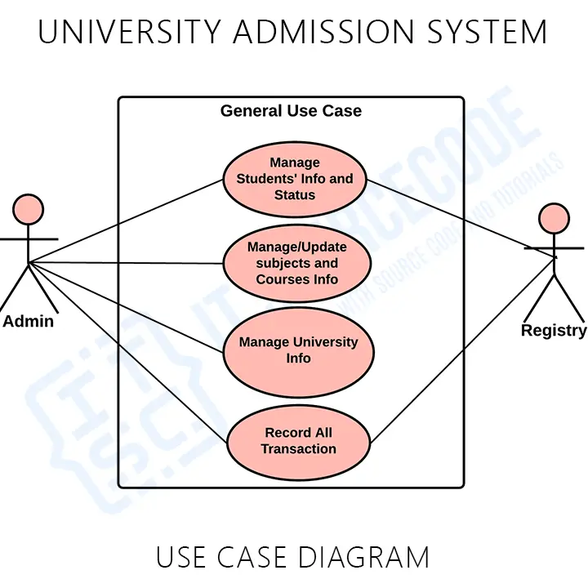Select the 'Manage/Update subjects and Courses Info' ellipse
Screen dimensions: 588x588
point(296,263)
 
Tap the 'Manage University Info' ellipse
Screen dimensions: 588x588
point(298,350)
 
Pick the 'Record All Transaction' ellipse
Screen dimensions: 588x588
point(298,441)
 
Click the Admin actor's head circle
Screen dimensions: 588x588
point(29,210)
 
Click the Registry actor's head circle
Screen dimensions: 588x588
point(553,218)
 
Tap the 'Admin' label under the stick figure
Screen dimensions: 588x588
point(29,321)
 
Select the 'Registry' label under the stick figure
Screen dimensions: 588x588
point(554,331)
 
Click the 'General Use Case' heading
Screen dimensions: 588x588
point(291,111)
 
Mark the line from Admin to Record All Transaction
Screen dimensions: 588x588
point(122,349)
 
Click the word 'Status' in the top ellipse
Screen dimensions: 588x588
point(295,195)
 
